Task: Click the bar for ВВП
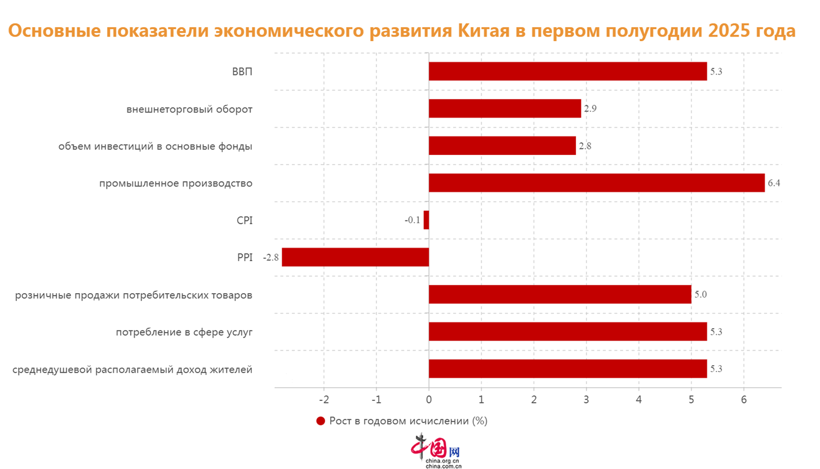click(x=568, y=71)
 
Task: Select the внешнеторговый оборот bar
click(x=504, y=108)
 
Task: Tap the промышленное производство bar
click(x=596, y=183)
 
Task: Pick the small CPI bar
click(x=426, y=220)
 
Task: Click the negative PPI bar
click(x=355, y=257)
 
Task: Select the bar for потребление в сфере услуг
click(x=568, y=331)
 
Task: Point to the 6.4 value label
click(x=774, y=183)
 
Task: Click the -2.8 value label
click(x=271, y=258)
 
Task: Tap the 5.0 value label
click(x=701, y=294)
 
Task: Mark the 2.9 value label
click(x=590, y=108)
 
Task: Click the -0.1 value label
click(x=413, y=220)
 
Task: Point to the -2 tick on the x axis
click(x=323, y=400)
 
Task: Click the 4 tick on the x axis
click(x=639, y=400)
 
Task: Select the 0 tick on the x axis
click(x=429, y=400)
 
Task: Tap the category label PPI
click(x=245, y=258)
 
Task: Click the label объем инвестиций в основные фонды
click(x=155, y=146)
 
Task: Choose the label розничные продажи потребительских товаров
click(x=134, y=295)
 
